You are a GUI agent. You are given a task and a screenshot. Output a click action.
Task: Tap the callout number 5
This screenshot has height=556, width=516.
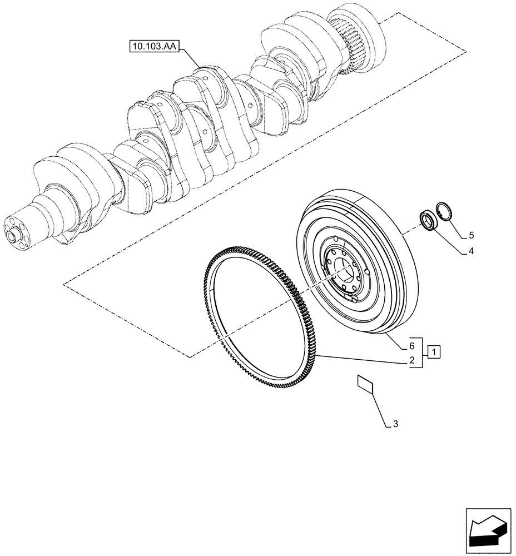pyautogui.click(x=470, y=235)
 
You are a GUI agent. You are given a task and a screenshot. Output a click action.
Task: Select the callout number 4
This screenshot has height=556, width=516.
pyautogui.click(x=470, y=251)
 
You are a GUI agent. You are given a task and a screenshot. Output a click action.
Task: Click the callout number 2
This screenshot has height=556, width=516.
pyautogui.click(x=411, y=360)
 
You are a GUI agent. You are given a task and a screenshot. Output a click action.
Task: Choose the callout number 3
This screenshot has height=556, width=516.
pyautogui.click(x=395, y=425)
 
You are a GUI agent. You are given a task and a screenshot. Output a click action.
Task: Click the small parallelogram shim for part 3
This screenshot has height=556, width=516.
pyautogui.click(x=365, y=384)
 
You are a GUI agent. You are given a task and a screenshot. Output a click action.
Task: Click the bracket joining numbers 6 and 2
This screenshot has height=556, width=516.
pyautogui.click(x=423, y=353)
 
